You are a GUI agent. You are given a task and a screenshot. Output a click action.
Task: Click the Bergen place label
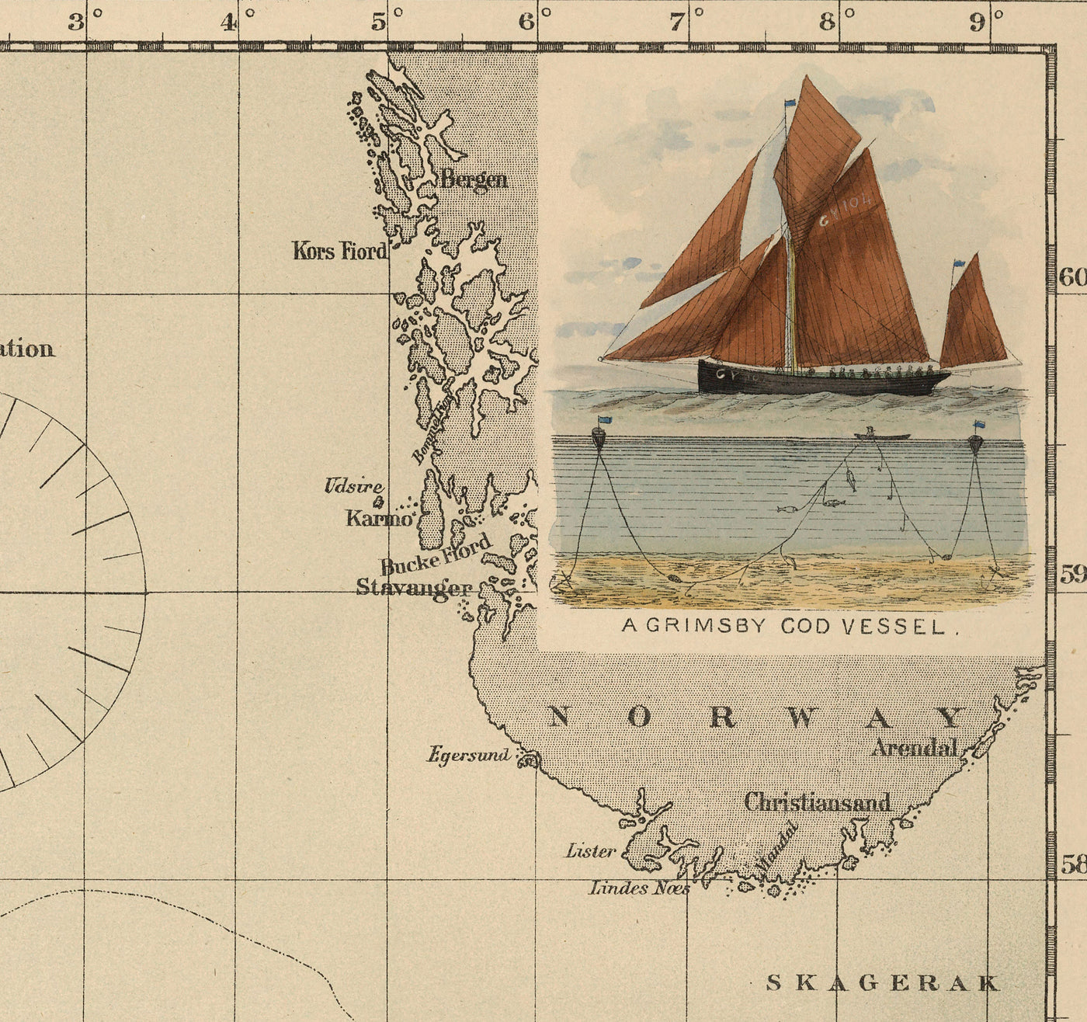tap(474, 179)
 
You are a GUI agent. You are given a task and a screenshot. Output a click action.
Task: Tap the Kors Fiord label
tap(339, 251)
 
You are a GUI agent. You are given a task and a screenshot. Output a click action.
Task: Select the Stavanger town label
tap(413, 587)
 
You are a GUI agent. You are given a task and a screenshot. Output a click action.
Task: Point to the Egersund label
tap(469, 754)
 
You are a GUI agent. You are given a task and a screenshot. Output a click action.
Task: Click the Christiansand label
tap(817, 802)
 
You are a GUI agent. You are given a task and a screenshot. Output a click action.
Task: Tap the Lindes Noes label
tap(638, 887)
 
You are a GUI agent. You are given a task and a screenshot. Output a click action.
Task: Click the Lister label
tap(590, 851)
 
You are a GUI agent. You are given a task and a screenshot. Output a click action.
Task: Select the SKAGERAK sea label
tap(883, 982)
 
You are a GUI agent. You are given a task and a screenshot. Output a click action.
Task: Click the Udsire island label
tap(353, 487)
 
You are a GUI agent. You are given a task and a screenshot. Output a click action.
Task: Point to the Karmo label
tap(379, 518)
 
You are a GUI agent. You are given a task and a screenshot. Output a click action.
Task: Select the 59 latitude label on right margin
tap(1073, 575)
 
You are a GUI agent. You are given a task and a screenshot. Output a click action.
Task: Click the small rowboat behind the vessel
tap(881, 436)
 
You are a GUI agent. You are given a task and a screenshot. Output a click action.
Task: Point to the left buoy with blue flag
tap(599, 436)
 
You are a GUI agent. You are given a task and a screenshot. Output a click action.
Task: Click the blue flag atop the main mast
tap(790, 103)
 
